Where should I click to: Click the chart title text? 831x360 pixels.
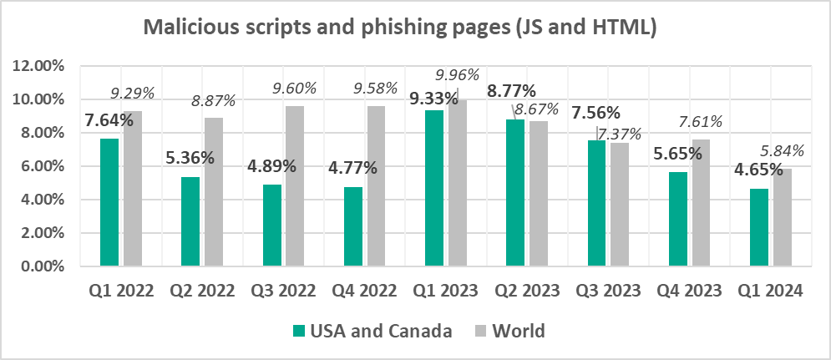coord(400,27)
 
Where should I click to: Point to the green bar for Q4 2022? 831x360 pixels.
coord(353,226)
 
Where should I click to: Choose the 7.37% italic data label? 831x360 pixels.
coord(618,134)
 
